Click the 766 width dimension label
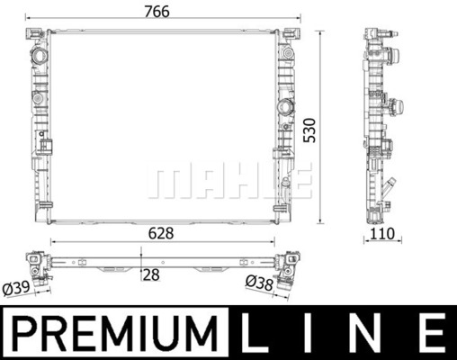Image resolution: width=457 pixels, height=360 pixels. click(157, 12)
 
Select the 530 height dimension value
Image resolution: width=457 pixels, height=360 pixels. click(309, 130)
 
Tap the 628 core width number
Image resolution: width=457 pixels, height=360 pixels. click(161, 233)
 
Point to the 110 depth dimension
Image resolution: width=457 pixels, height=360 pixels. click(382, 234)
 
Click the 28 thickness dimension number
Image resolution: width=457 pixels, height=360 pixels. click(151, 275)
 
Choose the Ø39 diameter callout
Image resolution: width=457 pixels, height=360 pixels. click(16, 288)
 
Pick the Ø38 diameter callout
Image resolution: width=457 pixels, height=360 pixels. click(260, 283)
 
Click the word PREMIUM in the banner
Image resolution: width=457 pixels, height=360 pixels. click(114, 333)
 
